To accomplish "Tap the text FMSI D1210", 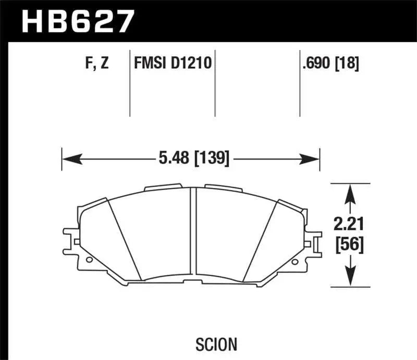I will [x=172, y=64].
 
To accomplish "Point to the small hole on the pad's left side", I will [x=89, y=259].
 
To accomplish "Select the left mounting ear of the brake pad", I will [x=70, y=237].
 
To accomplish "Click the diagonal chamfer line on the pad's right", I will [x=261, y=240].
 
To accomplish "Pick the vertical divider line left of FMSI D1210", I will [x=129, y=83].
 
